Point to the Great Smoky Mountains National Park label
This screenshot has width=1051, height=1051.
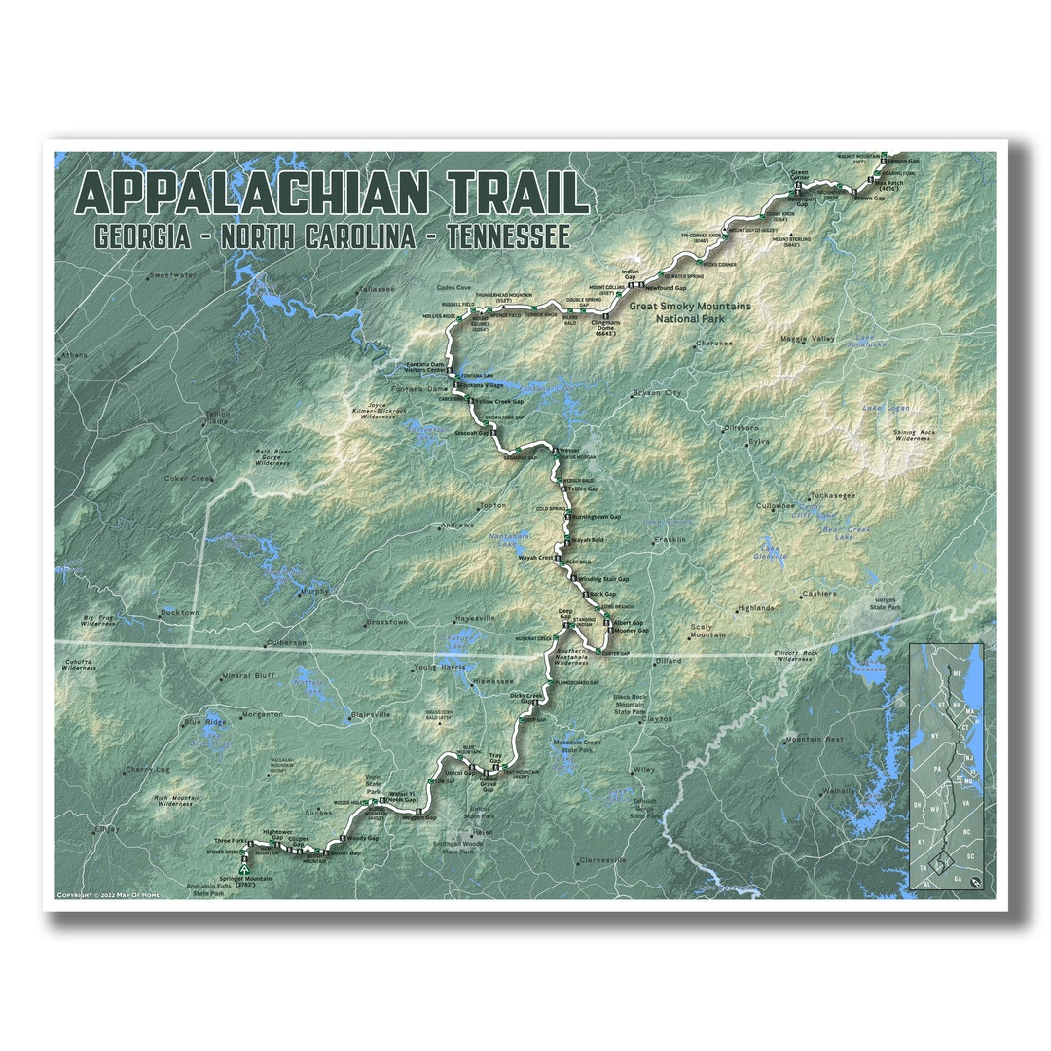pyautogui.click(x=689, y=311)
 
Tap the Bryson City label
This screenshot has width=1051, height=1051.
pyautogui.click(x=657, y=393)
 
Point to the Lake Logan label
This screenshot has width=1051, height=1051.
pyautogui.click(x=885, y=408)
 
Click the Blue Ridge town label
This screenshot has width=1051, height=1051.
pyautogui.click(x=205, y=722)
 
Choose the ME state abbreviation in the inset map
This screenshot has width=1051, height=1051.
pyautogui.click(x=957, y=672)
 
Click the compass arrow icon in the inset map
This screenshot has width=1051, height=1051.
pyautogui.click(x=975, y=881)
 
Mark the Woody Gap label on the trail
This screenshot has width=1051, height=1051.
pyautogui.click(x=362, y=838)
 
